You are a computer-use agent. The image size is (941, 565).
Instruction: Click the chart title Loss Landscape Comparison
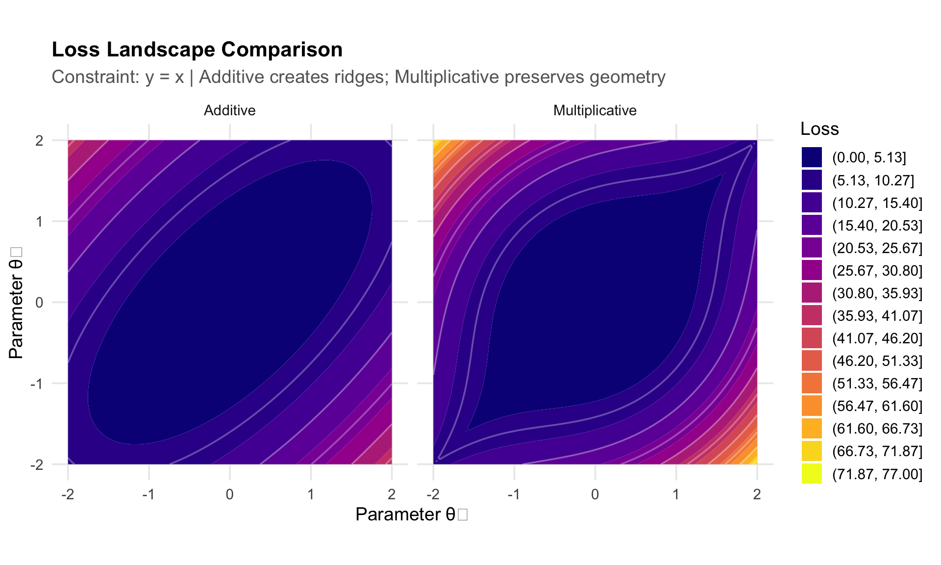(x=197, y=50)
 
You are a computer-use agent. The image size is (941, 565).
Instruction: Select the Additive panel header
(x=229, y=110)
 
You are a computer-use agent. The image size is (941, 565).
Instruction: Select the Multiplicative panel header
(x=594, y=110)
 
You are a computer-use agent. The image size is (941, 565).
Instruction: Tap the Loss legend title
(x=819, y=129)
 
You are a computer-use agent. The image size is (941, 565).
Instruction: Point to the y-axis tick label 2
(x=39, y=141)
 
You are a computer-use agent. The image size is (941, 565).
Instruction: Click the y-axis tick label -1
(x=37, y=384)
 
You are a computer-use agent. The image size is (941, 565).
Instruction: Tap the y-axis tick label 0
(x=39, y=303)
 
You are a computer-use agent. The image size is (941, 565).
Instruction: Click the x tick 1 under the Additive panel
(x=311, y=494)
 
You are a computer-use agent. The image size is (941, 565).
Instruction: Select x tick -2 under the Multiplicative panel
(x=433, y=494)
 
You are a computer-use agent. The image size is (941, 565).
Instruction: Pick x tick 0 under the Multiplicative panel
(x=595, y=494)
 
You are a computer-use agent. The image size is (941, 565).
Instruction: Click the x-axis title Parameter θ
(x=411, y=514)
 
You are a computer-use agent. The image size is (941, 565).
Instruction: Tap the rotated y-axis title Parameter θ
(x=16, y=303)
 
